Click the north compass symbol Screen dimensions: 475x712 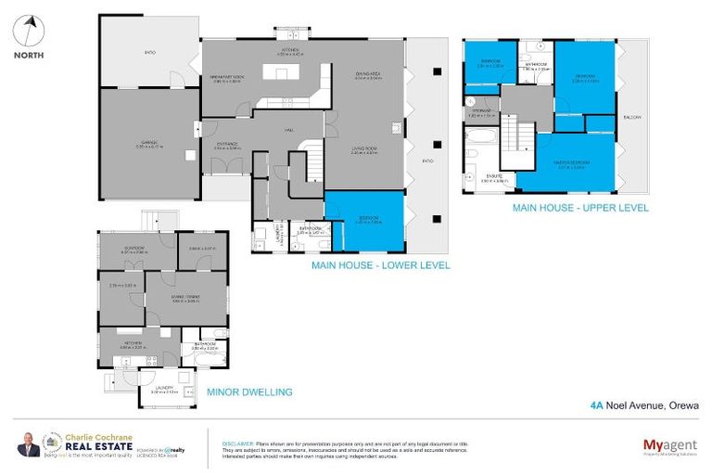tap(28, 32)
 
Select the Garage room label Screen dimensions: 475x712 tap(149, 142)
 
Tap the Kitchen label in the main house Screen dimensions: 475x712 tap(289, 50)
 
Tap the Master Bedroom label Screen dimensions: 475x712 tap(570, 163)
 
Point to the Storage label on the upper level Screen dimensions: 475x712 tap(481, 111)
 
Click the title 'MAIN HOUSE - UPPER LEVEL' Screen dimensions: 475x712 tap(579, 208)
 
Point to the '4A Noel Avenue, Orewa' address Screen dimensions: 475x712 tap(644, 404)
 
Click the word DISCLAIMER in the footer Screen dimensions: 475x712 tap(238, 444)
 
